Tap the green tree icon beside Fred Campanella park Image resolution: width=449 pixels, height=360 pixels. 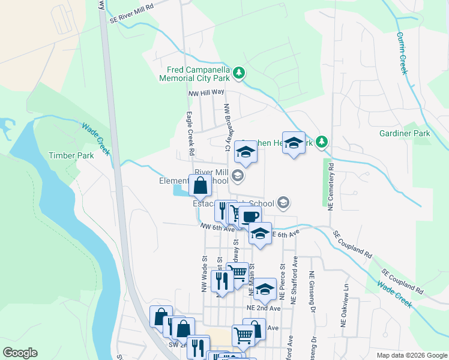(x=240, y=73)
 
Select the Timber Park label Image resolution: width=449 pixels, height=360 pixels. (x=71, y=155)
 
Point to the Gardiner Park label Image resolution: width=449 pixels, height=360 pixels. (x=401, y=133)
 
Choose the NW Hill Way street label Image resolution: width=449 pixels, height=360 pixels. (x=206, y=92)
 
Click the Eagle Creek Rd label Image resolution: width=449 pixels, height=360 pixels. (x=190, y=130)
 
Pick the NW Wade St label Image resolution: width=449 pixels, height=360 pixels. (x=205, y=275)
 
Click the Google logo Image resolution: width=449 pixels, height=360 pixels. (x=20, y=353)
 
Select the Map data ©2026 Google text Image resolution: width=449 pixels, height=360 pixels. (x=412, y=355)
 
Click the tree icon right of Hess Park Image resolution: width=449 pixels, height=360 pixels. (x=322, y=142)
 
